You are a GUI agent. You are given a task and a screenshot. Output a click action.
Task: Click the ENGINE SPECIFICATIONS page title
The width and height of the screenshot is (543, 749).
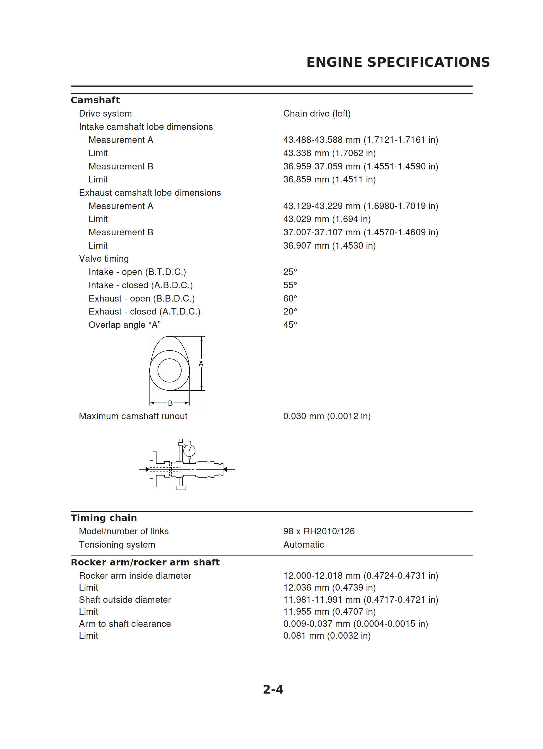click(398, 62)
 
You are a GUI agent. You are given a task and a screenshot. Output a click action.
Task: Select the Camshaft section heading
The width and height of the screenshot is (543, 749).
click(95, 100)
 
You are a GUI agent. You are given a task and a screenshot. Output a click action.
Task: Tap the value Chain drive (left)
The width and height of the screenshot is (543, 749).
click(317, 114)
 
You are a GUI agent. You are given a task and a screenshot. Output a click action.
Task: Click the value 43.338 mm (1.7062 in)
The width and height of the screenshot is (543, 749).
click(329, 153)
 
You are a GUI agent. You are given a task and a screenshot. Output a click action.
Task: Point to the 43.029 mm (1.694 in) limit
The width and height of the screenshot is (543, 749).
click(327, 219)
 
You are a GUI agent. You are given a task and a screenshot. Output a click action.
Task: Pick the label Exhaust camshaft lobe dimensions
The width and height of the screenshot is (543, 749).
click(150, 193)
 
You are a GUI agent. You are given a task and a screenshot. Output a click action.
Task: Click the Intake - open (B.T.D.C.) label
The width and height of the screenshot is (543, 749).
click(137, 272)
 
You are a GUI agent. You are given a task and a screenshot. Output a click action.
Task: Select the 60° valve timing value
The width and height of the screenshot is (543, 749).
click(290, 298)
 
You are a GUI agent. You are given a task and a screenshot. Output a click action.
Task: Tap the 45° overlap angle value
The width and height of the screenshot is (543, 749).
click(290, 325)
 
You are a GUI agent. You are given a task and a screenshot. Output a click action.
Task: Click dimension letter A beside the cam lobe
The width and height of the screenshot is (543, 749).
click(201, 363)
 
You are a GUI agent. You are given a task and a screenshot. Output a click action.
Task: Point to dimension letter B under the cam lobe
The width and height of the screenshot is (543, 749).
click(170, 403)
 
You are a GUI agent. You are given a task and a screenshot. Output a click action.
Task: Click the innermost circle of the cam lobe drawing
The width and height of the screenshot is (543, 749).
click(169, 370)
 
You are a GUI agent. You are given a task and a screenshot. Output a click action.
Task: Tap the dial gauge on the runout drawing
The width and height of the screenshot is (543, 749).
click(189, 450)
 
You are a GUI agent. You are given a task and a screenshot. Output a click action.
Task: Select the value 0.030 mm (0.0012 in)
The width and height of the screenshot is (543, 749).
click(327, 416)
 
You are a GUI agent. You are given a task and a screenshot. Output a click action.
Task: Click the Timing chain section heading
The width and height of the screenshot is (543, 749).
click(104, 518)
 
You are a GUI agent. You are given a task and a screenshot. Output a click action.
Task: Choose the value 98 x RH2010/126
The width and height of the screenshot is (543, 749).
click(319, 531)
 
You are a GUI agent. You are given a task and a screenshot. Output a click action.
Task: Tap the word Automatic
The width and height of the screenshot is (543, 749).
click(303, 544)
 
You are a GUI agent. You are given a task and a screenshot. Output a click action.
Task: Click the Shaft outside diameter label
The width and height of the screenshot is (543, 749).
click(125, 600)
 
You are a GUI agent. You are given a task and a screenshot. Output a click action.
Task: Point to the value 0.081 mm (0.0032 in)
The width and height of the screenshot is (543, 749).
click(327, 636)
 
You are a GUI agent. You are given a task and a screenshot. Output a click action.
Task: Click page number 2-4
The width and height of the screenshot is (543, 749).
click(273, 690)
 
